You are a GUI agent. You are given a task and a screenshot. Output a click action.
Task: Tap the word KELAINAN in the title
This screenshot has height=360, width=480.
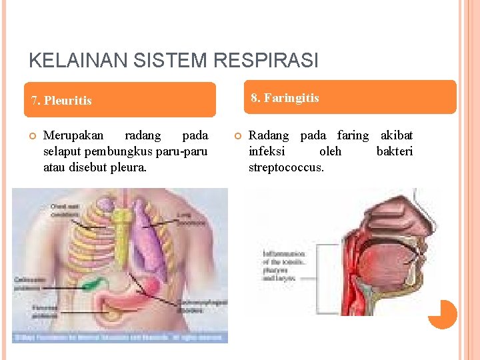[70, 61]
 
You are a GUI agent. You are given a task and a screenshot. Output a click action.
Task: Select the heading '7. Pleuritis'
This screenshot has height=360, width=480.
[62, 101]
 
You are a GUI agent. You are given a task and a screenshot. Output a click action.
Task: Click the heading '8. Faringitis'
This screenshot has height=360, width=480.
[285, 98]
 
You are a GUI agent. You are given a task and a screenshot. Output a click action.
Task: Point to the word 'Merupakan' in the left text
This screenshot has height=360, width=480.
[73, 135]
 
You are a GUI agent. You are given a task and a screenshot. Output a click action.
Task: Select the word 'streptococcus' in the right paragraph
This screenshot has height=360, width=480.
[286, 167]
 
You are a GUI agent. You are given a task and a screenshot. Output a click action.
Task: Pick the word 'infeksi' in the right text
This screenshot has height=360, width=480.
[267, 151]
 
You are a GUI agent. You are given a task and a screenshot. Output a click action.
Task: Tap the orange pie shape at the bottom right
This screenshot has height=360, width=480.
[442, 314]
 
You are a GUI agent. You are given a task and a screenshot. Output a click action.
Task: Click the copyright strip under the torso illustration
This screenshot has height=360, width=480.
[120, 338]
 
